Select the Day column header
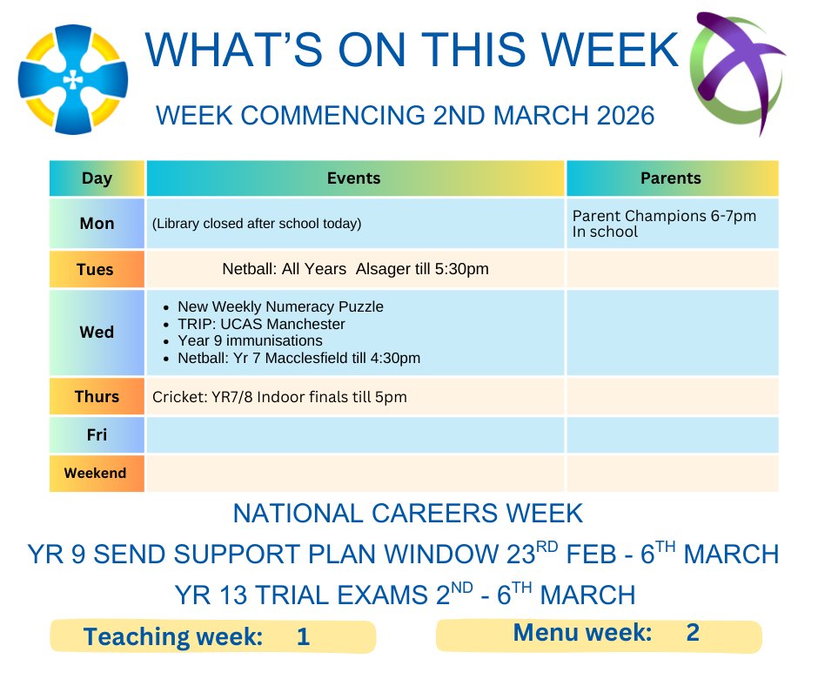coord(97,178)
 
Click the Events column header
coord(354,178)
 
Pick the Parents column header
coord(670,178)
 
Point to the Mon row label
coord(97,224)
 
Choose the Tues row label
coord(96,269)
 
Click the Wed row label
coord(97,332)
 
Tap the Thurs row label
coord(97,396)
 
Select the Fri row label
coord(97,435)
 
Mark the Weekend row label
coord(97,474)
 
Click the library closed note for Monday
coord(256,224)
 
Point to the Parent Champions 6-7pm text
coord(663,215)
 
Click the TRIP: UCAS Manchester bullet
coord(261,324)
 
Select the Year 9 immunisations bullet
coord(250,340)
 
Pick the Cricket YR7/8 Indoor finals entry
coord(279,397)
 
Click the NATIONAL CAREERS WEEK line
coord(408,513)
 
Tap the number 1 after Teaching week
coord(303,637)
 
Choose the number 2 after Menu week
coord(693,633)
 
